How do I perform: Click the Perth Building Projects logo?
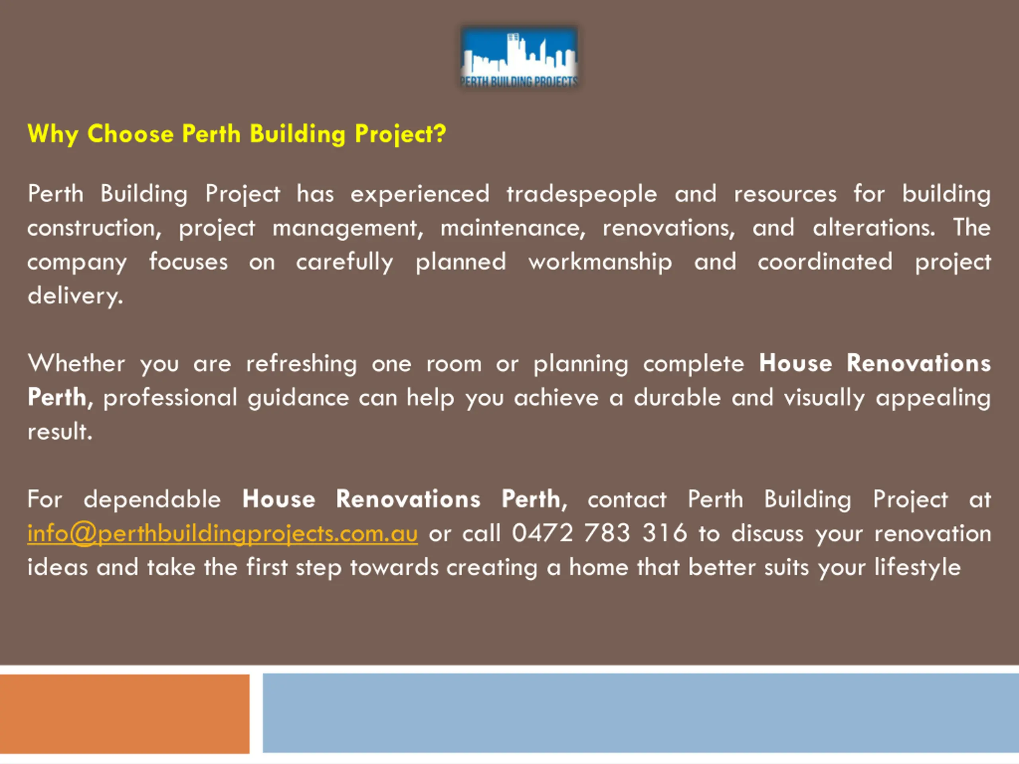click(x=519, y=58)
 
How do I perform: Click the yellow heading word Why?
click(x=53, y=134)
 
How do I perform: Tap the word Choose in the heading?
click(x=131, y=134)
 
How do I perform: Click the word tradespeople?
click(x=582, y=194)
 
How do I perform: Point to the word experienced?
click(x=420, y=194)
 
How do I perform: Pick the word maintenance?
click(x=513, y=228)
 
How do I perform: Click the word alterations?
click(x=874, y=228)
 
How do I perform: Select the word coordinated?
click(x=825, y=261)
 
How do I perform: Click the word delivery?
click(x=76, y=296)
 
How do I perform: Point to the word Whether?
click(x=76, y=363)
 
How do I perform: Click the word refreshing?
click(x=302, y=364)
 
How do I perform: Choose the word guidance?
click(x=299, y=398)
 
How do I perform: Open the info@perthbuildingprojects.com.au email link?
click(x=223, y=534)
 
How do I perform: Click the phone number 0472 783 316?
click(x=599, y=533)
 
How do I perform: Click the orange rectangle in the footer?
click(x=124, y=714)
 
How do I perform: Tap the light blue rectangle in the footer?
click(x=641, y=713)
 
